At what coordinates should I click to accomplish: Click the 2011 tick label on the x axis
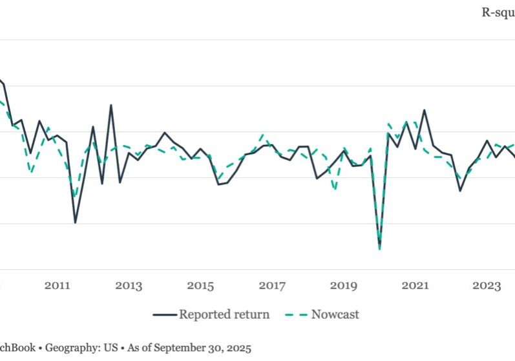58,286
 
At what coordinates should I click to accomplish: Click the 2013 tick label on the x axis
129,286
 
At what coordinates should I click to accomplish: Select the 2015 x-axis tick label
200,286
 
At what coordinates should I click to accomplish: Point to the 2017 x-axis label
272,286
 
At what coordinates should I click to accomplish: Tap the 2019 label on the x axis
343,286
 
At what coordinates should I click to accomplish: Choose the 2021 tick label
415,286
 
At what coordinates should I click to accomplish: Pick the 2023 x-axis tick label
486,286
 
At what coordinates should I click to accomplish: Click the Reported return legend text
224,315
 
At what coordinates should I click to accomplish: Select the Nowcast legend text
335,315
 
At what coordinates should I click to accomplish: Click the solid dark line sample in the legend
165,315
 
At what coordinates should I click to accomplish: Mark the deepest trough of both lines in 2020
379,248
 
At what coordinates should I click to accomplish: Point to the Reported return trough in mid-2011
75,223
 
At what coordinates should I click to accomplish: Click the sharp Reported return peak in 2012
110,105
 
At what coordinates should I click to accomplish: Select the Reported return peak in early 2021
424,110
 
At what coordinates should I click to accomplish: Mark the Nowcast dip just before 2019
334,189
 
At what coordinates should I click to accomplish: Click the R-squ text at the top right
497,12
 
